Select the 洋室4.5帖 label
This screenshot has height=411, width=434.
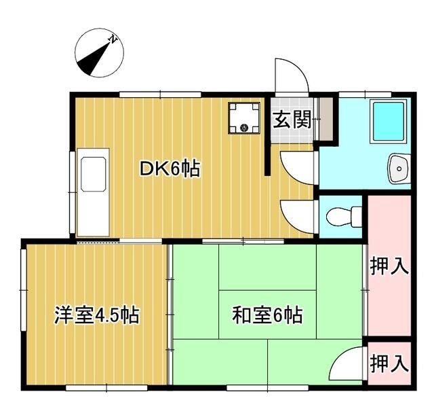[97, 315]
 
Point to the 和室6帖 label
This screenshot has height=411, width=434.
[267, 315]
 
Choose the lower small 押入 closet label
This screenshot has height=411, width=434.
[389, 365]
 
